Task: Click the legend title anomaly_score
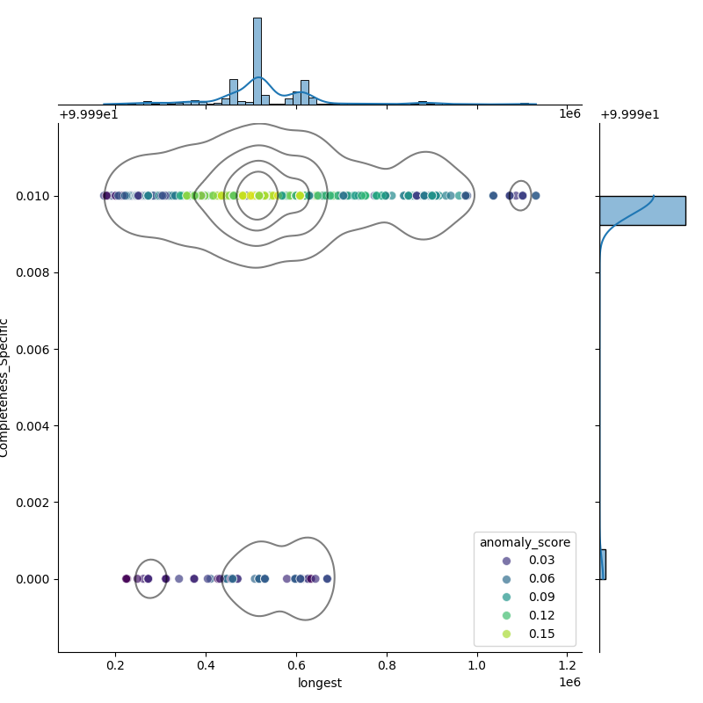point(525,542)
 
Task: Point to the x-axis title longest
point(320,683)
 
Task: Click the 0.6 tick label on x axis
point(296,666)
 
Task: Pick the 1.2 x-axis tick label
point(568,666)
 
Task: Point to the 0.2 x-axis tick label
point(115,666)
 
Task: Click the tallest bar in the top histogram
point(257,62)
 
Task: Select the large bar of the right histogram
point(641,211)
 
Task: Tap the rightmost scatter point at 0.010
point(535,195)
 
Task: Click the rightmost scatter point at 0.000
point(327,578)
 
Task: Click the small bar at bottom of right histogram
point(603,564)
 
